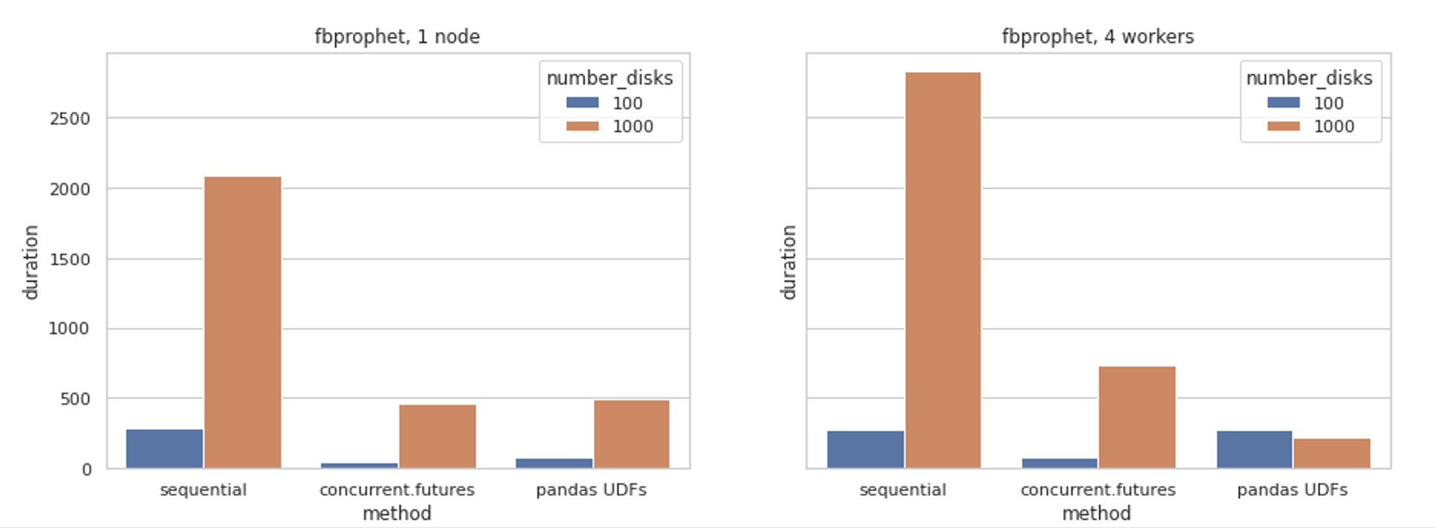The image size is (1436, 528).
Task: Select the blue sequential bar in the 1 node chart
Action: (x=164, y=448)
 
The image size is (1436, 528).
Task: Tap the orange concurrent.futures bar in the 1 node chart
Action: (x=437, y=437)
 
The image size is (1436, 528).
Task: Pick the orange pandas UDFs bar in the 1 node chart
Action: (x=631, y=434)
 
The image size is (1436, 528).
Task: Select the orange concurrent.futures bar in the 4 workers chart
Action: (x=1136, y=417)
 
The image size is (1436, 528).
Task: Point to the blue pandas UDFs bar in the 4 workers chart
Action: (x=1254, y=449)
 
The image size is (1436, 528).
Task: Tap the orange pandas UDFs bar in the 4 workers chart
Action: (x=1331, y=453)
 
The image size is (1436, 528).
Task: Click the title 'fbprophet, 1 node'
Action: (x=397, y=36)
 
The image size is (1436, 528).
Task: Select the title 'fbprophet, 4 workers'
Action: (x=1097, y=36)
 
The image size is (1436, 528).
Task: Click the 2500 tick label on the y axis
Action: (x=69, y=119)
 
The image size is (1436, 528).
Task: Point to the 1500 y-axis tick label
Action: (x=69, y=260)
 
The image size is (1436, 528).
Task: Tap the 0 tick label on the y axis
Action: (x=87, y=470)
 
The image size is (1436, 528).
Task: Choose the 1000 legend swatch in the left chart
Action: (x=582, y=126)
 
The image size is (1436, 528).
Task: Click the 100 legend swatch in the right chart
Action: (x=1284, y=103)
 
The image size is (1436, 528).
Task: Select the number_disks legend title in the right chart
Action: (x=1309, y=78)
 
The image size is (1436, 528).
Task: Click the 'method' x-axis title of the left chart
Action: (x=397, y=513)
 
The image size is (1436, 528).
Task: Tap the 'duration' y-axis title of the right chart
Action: (x=789, y=262)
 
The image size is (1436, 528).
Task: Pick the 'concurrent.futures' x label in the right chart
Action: (x=1098, y=490)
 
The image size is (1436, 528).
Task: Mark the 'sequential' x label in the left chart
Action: (x=203, y=490)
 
